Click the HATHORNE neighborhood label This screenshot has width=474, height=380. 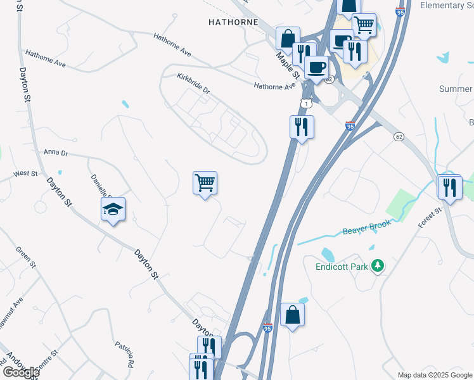(x=233, y=22)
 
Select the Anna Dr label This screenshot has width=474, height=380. (x=56, y=153)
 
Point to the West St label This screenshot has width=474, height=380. (x=25, y=173)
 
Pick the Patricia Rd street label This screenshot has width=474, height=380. (x=125, y=354)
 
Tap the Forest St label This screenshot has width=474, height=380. (x=429, y=218)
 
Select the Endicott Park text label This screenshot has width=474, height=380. (x=342, y=267)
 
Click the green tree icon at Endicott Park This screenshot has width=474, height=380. (x=378, y=265)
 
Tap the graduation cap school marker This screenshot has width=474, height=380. (x=112, y=210)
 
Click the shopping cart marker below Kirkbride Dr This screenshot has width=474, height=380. (x=205, y=183)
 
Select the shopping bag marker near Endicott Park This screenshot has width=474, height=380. (x=292, y=315)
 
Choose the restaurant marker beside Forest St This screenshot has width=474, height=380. (x=449, y=187)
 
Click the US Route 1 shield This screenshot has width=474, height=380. (x=307, y=103)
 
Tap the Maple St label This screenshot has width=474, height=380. (x=283, y=61)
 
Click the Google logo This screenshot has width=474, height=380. (x=21, y=372)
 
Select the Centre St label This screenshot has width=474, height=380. (x=46, y=358)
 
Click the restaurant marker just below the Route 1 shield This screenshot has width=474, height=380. (x=302, y=127)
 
